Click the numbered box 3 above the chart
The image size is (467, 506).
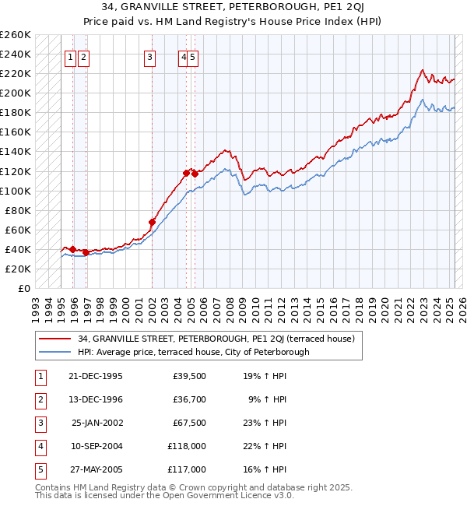149,56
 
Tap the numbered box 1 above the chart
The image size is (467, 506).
70,56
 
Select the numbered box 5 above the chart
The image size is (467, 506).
192,56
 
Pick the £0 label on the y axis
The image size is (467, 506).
25,288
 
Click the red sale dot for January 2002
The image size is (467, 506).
152,223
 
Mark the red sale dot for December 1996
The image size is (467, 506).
86,252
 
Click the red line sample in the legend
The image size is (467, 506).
54,339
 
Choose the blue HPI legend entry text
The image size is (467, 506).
193,352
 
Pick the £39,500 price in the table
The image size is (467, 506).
190,375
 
